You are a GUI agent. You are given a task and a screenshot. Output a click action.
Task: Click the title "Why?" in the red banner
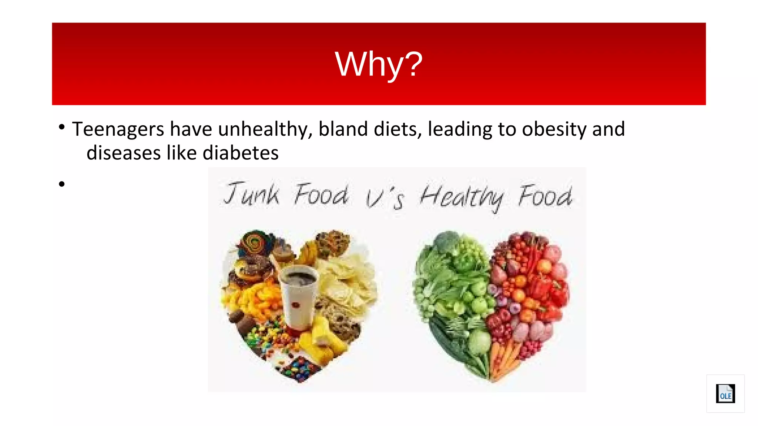point(378,64)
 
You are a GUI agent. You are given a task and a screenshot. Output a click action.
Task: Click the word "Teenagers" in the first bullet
point(118,129)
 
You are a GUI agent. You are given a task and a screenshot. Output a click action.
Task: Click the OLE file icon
point(725,393)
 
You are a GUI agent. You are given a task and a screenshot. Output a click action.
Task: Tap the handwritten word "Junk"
point(251,194)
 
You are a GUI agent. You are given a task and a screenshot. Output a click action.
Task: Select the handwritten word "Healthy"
point(462,197)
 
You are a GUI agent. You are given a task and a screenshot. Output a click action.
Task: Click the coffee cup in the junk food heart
point(298,296)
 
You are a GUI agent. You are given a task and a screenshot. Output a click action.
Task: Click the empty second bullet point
point(62,184)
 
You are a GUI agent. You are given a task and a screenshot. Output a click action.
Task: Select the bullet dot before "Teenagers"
point(62,127)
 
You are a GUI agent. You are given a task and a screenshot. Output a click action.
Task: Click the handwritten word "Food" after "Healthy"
point(545,196)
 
